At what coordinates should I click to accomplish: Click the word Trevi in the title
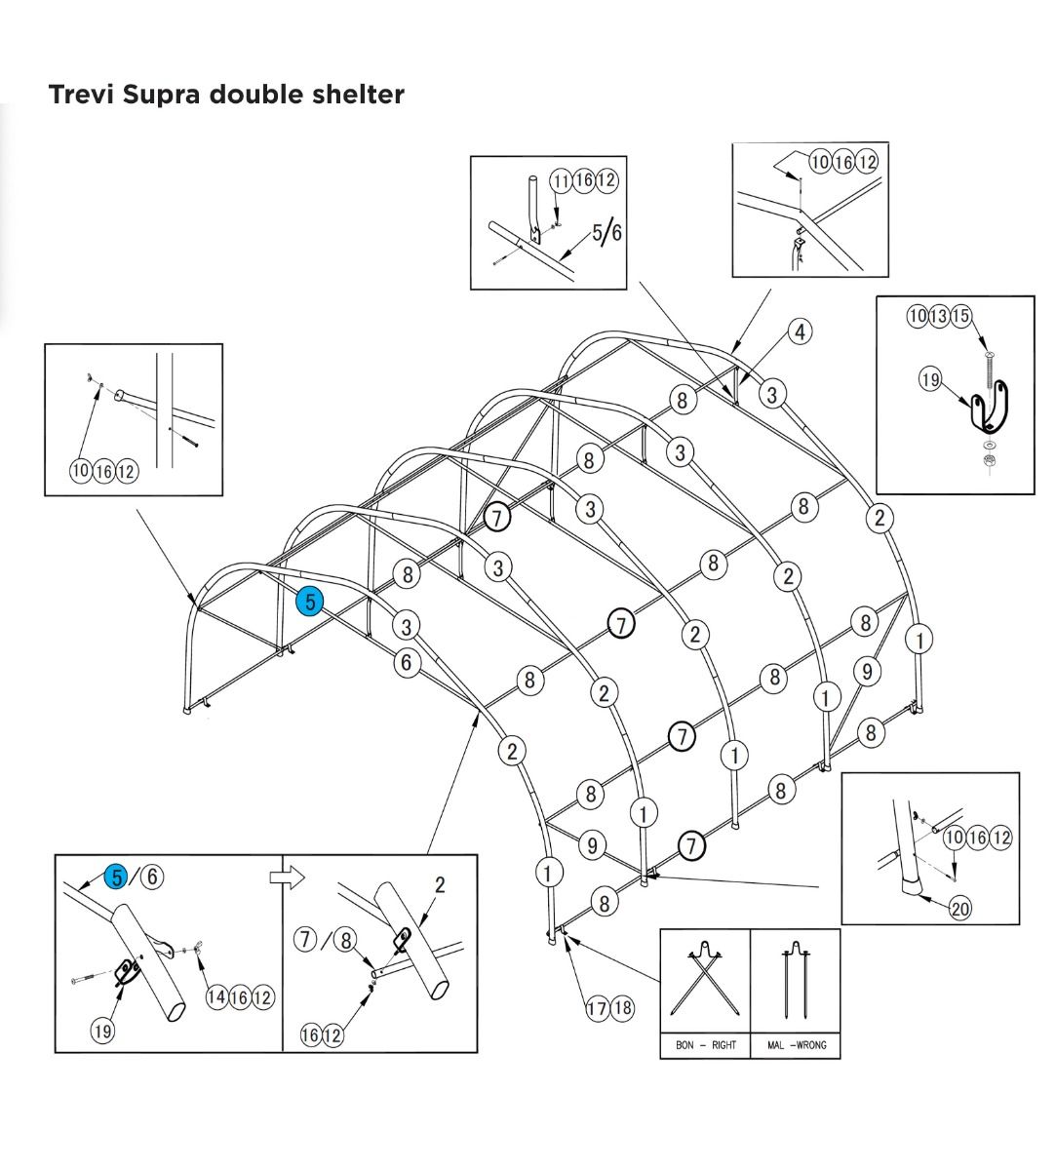coord(81,95)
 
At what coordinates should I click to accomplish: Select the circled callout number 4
coord(800,331)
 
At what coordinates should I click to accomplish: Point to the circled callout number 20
coord(960,909)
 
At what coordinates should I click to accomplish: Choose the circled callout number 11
coord(561,180)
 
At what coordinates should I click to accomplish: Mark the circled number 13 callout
coord(940,316)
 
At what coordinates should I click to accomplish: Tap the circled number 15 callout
coord(961,316)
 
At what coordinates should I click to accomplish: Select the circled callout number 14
coord(217,997)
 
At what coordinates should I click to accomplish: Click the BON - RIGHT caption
coord(705,1045)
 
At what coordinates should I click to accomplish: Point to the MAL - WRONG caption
coord(796,1045)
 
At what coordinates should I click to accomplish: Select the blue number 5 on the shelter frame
coord(310,602)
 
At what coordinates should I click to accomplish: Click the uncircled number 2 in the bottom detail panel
coord(440,885)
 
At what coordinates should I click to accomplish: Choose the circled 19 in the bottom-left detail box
coord(101,1032)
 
